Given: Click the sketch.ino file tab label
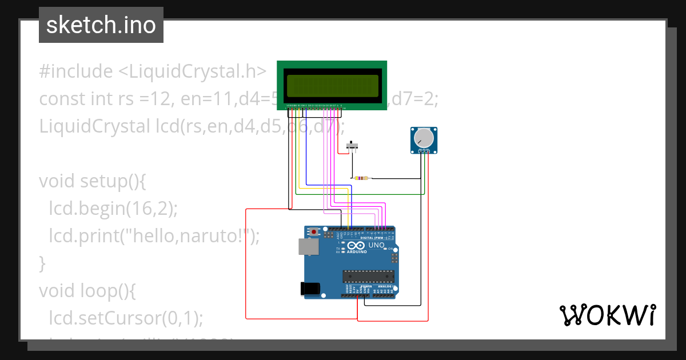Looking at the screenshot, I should pos(101,25).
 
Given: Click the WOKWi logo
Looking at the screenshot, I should pos(607,315).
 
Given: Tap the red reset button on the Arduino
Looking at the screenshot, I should pos(314,232).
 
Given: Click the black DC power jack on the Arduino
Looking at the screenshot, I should pos(310,289).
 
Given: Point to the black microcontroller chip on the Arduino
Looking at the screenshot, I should pos(368,277).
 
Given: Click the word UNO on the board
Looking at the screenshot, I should pos(376,245).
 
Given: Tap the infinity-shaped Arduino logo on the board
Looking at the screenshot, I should pos(357,245).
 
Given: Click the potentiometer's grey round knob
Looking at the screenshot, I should pos(424,138).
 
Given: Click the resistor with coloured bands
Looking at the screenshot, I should pos(361,178).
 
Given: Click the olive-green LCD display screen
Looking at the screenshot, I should pos(332,85).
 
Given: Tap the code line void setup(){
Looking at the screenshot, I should pos(93,181).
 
